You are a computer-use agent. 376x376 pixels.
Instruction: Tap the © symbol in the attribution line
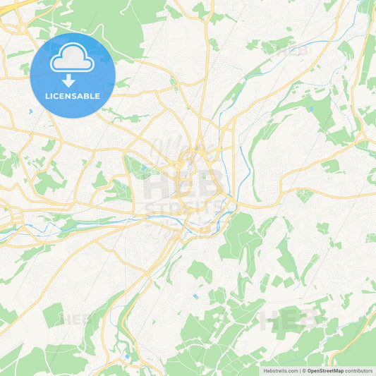pos(303,370)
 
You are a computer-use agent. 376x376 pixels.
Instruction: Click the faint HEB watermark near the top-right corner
pos(291,51)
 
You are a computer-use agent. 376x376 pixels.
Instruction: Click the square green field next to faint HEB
pos(53,315)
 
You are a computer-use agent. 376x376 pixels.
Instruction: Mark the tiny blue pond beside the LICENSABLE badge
pos(30,111)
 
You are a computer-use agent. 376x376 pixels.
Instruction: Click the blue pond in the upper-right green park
pos(310,109)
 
